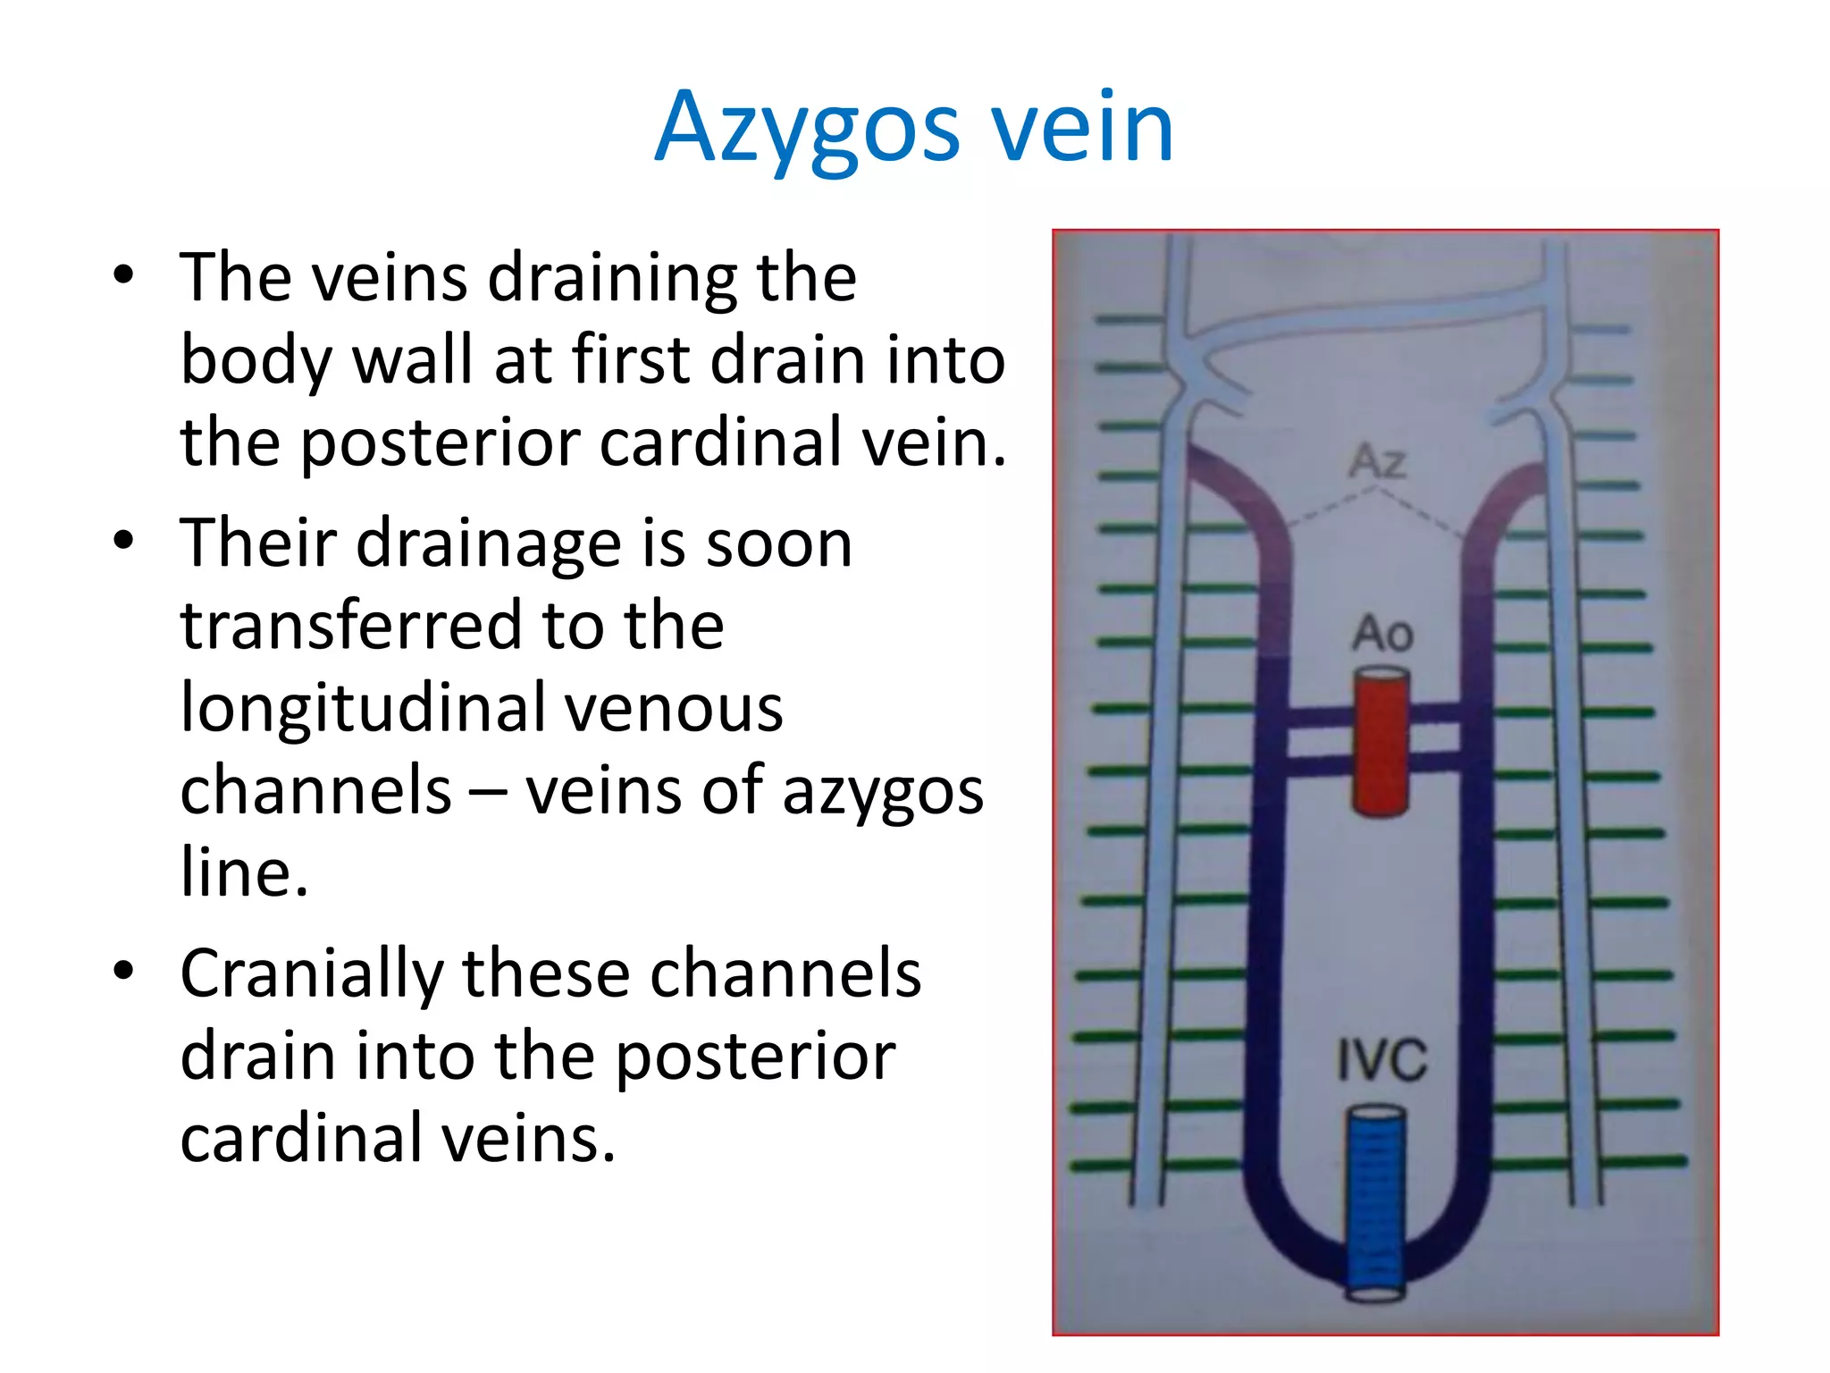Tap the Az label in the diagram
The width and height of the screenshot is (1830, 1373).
(1377, 462)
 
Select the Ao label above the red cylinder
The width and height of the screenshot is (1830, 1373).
(1381, 634)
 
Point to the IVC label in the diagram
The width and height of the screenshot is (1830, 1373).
(1381, 1061)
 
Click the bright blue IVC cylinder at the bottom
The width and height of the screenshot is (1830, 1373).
(1376, 1202)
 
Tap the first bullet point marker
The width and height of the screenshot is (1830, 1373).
(123, 274)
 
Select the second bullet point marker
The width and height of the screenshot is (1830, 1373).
(123, 541)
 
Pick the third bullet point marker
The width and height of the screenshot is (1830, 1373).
(123, 971)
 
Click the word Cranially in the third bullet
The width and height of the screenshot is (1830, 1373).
(311, 975)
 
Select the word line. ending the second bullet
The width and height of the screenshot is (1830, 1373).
(244, 872)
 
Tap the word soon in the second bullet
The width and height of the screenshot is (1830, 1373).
(779, 543)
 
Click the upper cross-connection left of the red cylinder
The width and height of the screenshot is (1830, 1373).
(1319, 718)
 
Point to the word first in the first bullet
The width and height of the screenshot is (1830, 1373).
(631, 360)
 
